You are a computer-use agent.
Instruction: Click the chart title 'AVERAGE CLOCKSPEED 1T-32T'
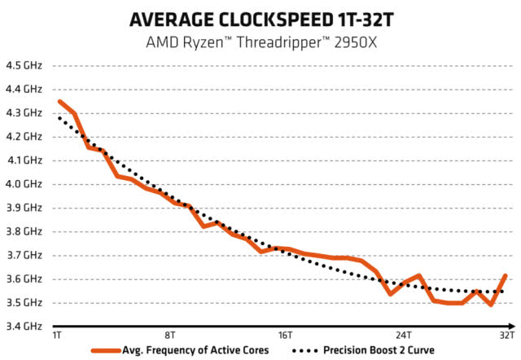click(x=260, y=18)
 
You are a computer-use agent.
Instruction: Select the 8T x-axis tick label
click(x=169, y=336)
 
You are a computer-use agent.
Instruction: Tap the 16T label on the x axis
click(x=285, y=336)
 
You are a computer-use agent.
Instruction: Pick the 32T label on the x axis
click(x=506, y=336)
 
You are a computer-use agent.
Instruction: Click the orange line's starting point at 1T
click(x=59, y=102)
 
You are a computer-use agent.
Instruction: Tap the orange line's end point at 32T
click(x=506, y=276)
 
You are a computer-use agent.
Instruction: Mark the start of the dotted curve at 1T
click(x=59, y=118)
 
